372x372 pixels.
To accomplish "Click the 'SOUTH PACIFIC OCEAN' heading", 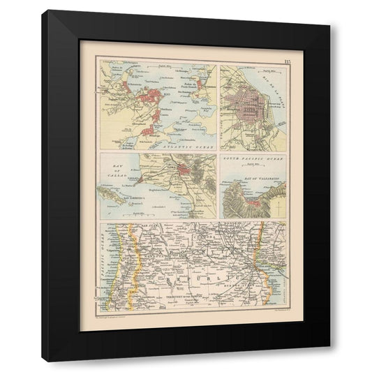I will click(x=253, y=160).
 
